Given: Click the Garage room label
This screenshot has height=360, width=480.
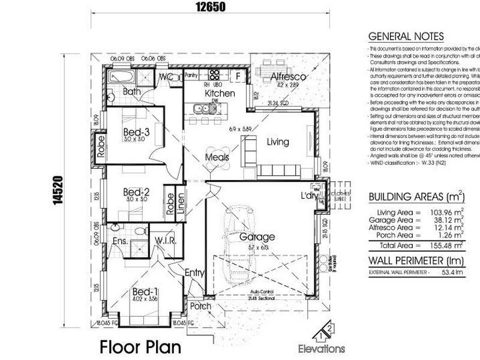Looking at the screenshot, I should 257,237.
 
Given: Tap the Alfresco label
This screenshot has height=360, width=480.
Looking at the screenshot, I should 289,77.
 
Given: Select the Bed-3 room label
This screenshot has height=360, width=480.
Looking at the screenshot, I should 137,131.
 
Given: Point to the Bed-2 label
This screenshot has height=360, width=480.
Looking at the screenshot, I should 136,192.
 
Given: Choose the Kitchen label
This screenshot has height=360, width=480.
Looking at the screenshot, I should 220,94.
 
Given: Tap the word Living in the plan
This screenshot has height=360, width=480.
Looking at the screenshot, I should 278,142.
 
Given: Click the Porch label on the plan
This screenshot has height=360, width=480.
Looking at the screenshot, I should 201,306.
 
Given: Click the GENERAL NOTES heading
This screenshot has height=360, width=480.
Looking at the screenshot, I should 406,37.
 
